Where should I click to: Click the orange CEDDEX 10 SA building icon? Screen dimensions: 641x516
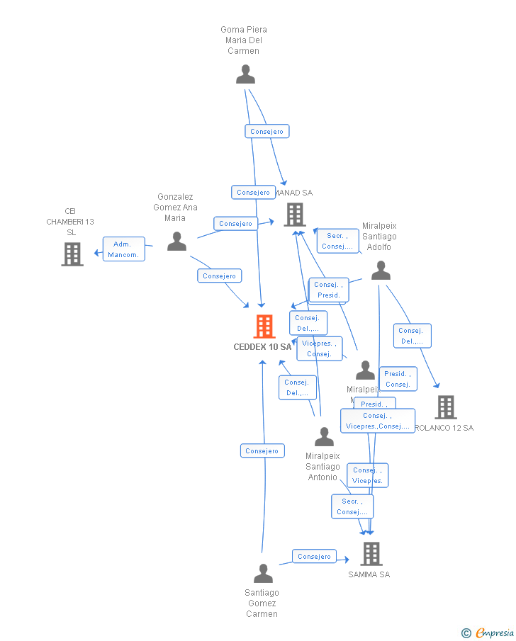[264, 327]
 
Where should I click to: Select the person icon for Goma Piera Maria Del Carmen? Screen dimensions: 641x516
[245, 74]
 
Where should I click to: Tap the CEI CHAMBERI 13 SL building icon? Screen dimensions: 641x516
[72, 254]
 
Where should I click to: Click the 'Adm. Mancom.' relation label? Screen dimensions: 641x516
[124, 249]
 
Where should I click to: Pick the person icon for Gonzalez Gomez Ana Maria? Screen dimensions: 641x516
[176, 242]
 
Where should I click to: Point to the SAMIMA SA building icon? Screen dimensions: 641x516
[371, 553]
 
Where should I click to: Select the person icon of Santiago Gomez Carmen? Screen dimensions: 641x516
[263, 573]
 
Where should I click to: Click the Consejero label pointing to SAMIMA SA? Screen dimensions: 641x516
[314, 557]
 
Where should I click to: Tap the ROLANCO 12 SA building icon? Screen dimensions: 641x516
[445, 407]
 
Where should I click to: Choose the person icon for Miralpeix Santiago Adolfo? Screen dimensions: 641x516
[381, 270]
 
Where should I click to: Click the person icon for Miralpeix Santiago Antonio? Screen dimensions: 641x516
[324, 436]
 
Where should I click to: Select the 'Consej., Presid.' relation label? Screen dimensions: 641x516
[328, 290]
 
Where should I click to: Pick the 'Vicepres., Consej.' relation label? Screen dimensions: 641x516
[319, 348]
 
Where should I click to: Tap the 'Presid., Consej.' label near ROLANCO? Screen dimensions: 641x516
[398, 379]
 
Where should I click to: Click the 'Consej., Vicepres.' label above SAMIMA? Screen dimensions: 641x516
[367, 475]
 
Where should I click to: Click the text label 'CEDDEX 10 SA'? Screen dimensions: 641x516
[262, 347]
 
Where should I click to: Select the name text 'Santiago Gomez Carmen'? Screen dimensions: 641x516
[262, 603]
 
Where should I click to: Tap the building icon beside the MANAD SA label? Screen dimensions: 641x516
[294, 214]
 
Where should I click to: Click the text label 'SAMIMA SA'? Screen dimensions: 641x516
[369, 574]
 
